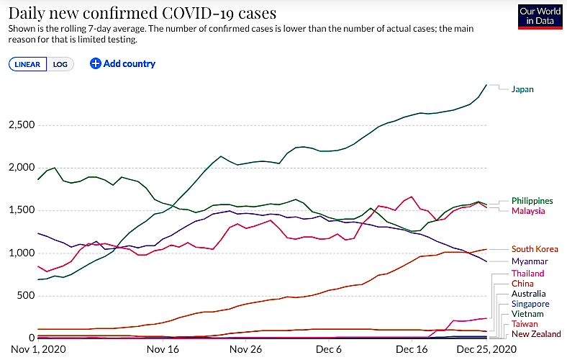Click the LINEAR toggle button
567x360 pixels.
(x=27, y=64)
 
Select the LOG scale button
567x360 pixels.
(x=60, y=64)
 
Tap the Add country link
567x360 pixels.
(x=122, y=63)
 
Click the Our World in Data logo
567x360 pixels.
(x=540, y=17)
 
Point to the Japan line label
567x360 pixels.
(x=522, y=89)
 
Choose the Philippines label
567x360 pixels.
(x=532, y=201)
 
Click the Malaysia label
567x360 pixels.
(x=528, y=211)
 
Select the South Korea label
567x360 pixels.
(x=535, y=249)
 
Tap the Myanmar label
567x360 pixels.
(x=530, y=261)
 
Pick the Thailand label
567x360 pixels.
(x=527, y=274)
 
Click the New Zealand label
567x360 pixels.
(x=536, y=334)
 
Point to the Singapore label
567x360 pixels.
(x=530, y=304)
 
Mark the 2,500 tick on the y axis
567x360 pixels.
(x=22, y=125)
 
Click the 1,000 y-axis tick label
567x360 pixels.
(x=22, y=253)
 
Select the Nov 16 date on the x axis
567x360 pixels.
(x=163, y=349)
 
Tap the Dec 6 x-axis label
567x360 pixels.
(x=328, y=349)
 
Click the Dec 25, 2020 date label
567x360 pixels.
(x=486, y=349)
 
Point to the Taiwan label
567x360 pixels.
(x=525, y=324)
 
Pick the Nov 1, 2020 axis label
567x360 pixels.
(x=38, y=349)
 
